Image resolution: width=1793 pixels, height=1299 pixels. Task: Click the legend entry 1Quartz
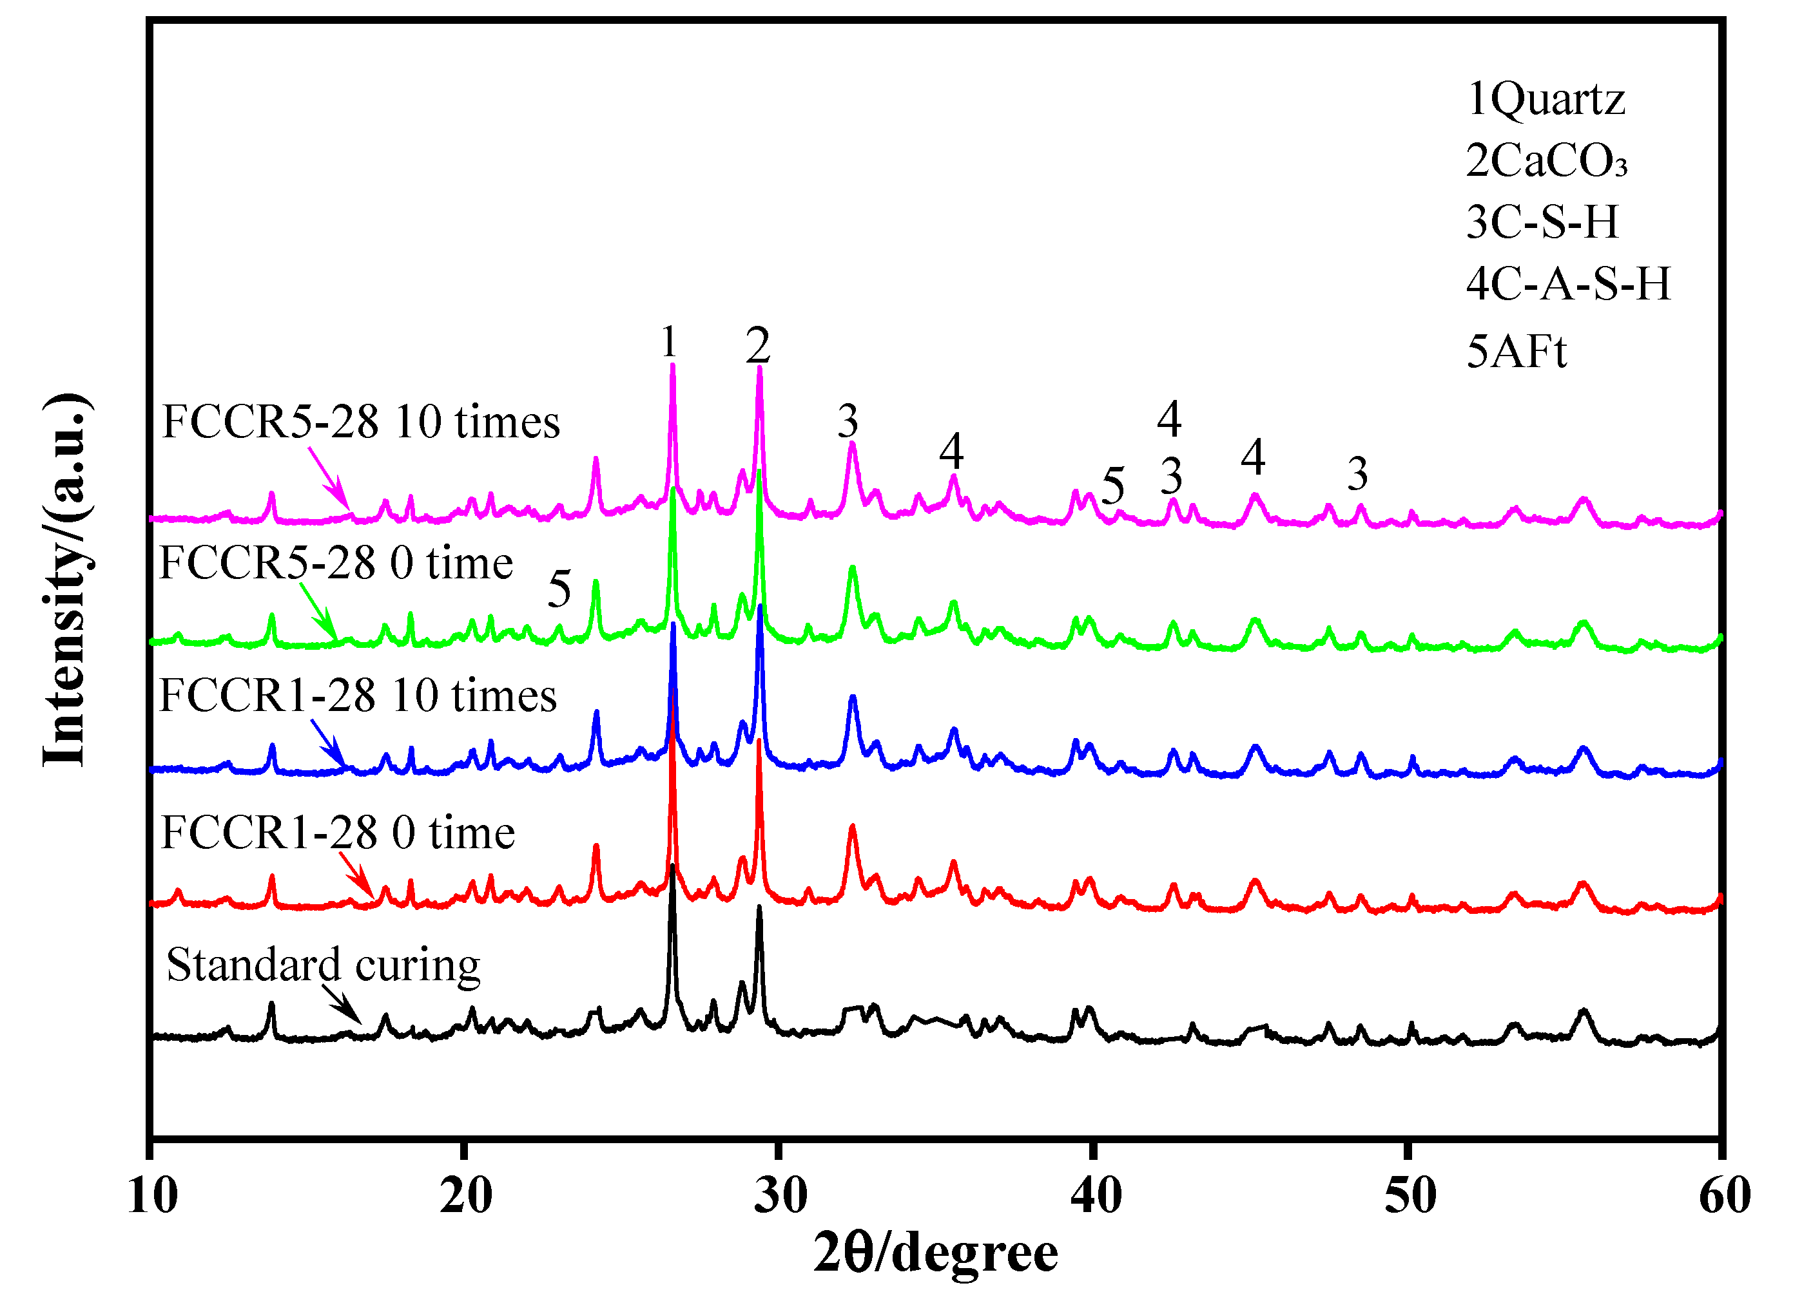coord(1546,100)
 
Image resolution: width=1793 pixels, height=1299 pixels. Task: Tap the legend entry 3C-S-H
coord(1542,222)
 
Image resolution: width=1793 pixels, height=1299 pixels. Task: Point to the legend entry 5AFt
coord(1517,352)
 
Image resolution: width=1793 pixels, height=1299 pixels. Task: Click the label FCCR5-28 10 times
coord(360,422)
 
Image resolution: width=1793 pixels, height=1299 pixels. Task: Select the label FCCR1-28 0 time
coord(338,833)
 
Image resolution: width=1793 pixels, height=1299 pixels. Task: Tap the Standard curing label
coord(324,965)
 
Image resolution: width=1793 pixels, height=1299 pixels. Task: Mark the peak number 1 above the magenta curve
coord(670,343)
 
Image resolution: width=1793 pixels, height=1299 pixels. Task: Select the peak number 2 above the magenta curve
coord(757,346)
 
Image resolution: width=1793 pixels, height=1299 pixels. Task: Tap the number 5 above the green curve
coord(559,589)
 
